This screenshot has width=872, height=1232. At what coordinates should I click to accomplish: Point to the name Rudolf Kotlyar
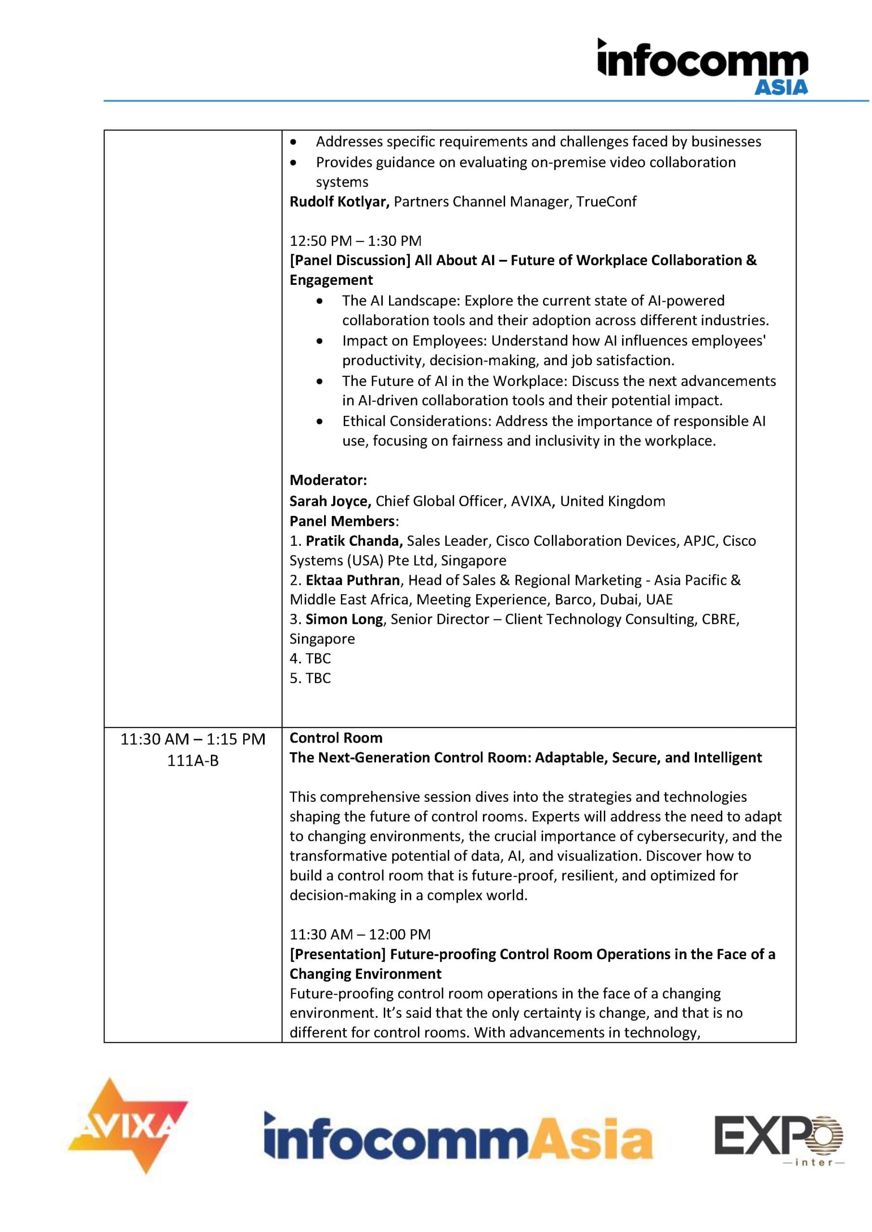(x=339, y=202)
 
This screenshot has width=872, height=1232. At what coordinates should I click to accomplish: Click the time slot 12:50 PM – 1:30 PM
(x=355, y=241)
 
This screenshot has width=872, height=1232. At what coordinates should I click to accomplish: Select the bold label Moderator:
(x=328, y=480)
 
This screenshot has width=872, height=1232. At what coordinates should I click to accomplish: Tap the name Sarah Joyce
(x=330, y=501)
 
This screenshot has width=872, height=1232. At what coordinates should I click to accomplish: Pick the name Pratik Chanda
(x=354, y=541)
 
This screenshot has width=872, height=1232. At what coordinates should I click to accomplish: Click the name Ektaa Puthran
(x=353, y=580)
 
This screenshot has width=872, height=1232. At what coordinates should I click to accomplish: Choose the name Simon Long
(x=344, y=619)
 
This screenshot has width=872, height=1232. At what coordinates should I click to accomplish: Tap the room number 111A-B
(x=193, y=761)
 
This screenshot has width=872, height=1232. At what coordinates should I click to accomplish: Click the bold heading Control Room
(x=336, y=738)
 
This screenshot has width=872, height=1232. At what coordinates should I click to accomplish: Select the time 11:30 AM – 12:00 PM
(x=360, y=934)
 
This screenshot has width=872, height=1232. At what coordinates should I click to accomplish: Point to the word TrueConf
(x=606, y=202)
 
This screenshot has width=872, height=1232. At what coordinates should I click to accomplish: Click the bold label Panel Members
(x=342, y=521)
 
